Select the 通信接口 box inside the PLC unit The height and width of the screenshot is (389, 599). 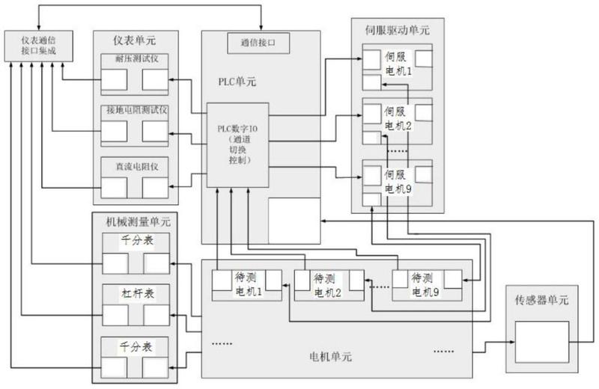tap(261, 43)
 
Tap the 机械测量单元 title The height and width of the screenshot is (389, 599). tap(136, 221)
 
